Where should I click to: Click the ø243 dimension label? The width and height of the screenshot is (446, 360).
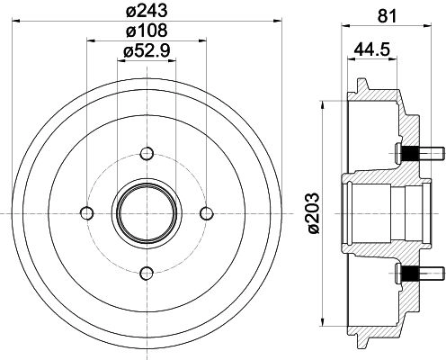[x=147, y=11]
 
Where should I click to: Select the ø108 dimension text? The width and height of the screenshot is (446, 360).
[x=147, y=31]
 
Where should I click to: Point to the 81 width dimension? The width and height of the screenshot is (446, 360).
[x=387, y=15]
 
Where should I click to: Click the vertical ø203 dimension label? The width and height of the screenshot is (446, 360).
[x=314, y=213]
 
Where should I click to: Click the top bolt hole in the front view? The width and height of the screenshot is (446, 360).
[x=147, y=154]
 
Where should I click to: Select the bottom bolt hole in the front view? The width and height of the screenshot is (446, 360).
[x=147, y=273]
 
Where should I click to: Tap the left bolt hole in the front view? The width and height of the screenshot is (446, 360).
[x=87, y=213]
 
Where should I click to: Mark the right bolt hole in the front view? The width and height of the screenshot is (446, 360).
[x=207, y=213]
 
